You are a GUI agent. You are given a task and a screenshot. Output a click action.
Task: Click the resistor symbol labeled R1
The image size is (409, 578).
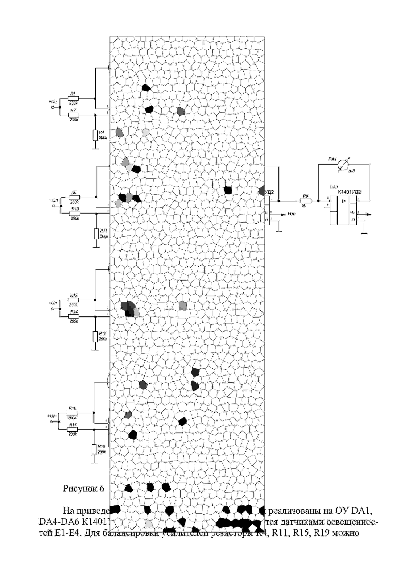click(x=73, y=98)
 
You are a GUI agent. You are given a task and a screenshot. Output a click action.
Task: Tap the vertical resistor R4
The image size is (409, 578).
click(x=95, y=135)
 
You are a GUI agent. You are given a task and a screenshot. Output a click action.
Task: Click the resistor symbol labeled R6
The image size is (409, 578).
click(x=74, y=197)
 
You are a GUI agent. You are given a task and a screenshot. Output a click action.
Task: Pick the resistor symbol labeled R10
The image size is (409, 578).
click(x=75, y=214)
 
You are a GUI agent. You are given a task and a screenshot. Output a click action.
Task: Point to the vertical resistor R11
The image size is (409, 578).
click(x=96, y=234)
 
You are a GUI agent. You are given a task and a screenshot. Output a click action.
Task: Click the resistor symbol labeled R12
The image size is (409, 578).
click(x=73, y=300)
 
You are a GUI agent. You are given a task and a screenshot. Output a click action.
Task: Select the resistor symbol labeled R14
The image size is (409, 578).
click(x=74, y=317)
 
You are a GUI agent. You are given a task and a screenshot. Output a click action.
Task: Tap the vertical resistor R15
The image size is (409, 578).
click(x=95, y=337)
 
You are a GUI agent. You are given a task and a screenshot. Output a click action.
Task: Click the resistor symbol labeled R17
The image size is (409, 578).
click(x=72, y=430)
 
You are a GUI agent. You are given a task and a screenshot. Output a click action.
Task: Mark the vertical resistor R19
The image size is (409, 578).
click(x=94, y=450)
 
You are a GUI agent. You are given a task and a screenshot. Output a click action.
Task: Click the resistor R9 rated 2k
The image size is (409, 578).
click(x=306, y=201)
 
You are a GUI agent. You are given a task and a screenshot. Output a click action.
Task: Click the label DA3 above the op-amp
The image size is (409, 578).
click(x=334, y=187)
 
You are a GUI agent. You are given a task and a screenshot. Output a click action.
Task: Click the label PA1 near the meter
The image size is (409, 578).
click(x=332, y=159)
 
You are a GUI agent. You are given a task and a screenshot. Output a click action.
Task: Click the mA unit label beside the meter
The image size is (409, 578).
click(x=352, y=171)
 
